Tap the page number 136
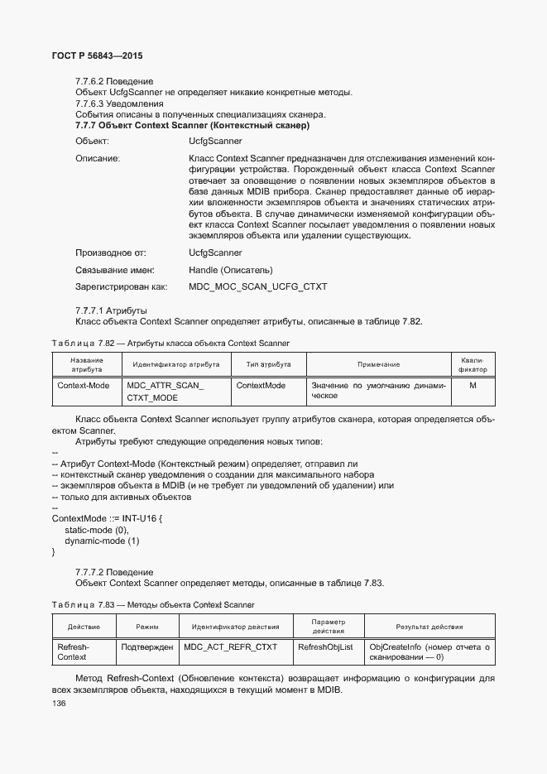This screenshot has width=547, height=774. (60, 704)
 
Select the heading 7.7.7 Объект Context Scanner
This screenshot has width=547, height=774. (192, 126)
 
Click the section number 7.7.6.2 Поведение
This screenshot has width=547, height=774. (114, 81)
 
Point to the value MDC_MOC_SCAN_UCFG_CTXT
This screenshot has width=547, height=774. (257, 286)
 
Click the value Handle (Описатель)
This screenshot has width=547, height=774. (231, 270)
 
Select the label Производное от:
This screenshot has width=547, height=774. (111, 252)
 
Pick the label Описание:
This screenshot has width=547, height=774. (98, 157)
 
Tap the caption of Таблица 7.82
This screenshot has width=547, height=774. (170, 343)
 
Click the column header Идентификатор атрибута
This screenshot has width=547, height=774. (175, 364)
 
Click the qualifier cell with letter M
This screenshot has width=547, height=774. (473, 386)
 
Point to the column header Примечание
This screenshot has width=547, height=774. (378, 364)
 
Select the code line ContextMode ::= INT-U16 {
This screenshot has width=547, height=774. (108, 518)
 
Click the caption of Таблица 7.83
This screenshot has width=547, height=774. (152, 605)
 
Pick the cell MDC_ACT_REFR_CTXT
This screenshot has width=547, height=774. (231, 647)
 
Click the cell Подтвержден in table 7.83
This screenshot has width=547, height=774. (146, 647)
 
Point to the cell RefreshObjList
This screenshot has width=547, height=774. (325, 647)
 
